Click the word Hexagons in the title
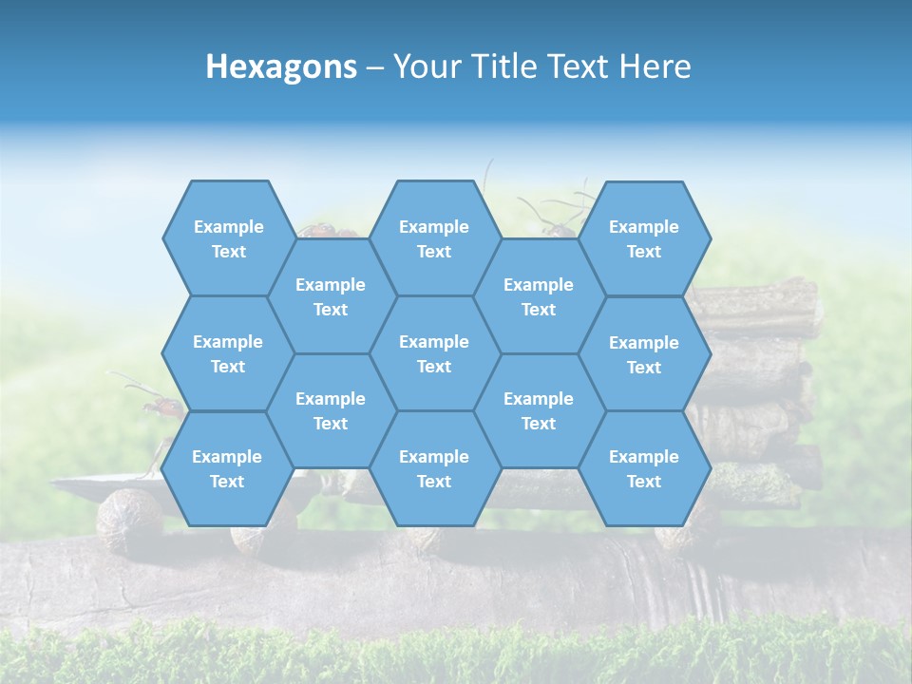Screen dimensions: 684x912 [x=281, y=66]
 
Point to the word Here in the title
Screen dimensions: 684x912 [x=655, y=66]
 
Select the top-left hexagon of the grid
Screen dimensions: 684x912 [x=228, y=238]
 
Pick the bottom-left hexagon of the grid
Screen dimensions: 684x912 [x=227, y=468]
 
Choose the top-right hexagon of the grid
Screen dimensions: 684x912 [x=644, y=238]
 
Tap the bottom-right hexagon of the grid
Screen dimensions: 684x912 [x=644, y=468]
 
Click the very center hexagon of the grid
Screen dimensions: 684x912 [x=434, y=353]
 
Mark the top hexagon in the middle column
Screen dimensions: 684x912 [x=434, y=238]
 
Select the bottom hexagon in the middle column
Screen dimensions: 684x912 [x=434, y=468]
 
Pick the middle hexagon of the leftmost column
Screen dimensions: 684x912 [x=228, y=353]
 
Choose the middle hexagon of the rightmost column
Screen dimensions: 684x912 [x=644, y=354]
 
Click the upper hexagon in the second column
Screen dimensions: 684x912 [x=331, y=296]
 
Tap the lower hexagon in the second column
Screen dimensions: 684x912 [x=331, y=410]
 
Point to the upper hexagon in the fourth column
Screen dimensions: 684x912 [x=539, y=296]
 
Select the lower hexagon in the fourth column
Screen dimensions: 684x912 [x=539, y=410]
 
